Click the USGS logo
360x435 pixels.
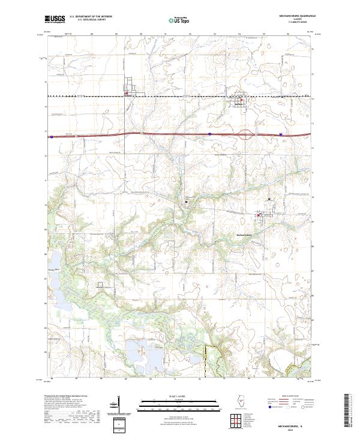click(x=55, y=20)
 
